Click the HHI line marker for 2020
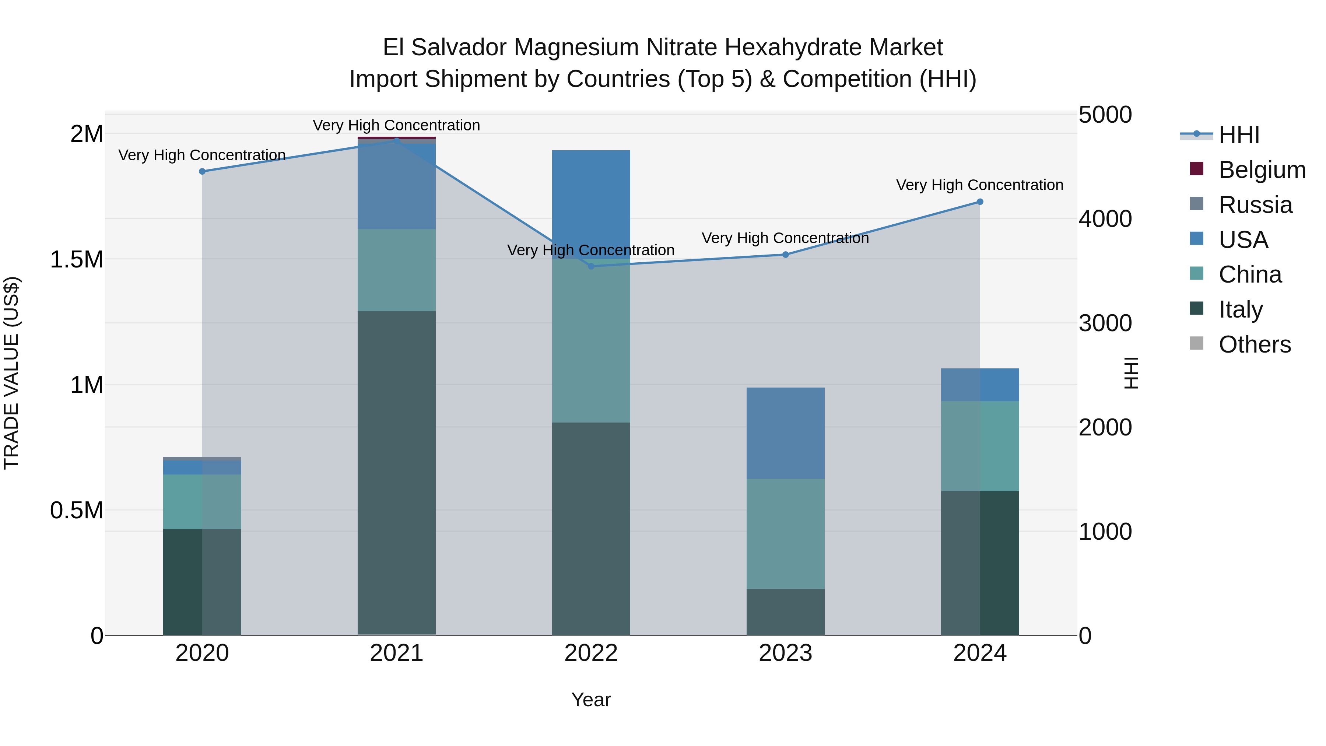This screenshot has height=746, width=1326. pyautogui.click(x=202, y=171)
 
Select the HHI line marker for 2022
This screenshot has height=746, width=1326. pyautogui.click(x=591, y=266)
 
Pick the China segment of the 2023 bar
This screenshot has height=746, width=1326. pyautogui.click(x=786, y=534)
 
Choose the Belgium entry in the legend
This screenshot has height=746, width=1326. pyautogui.click(x=1261, y=169)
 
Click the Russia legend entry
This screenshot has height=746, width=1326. pyautogui.click(x=1255, y=204)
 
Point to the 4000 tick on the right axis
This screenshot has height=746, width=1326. pyautogui.click(x=1105, y=219)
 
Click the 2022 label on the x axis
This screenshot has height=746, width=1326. pyautogui.click(x=591, y=653)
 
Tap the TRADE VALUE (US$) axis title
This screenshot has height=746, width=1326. pyautogui.click(x=11, y=373)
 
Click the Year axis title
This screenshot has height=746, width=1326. pyautogui.click(x=591, y=700)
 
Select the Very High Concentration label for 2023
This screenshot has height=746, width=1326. pyautogui.click(x=785, y=238)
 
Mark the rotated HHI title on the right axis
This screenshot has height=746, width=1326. pyautogui.click(x=1131, y=373)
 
